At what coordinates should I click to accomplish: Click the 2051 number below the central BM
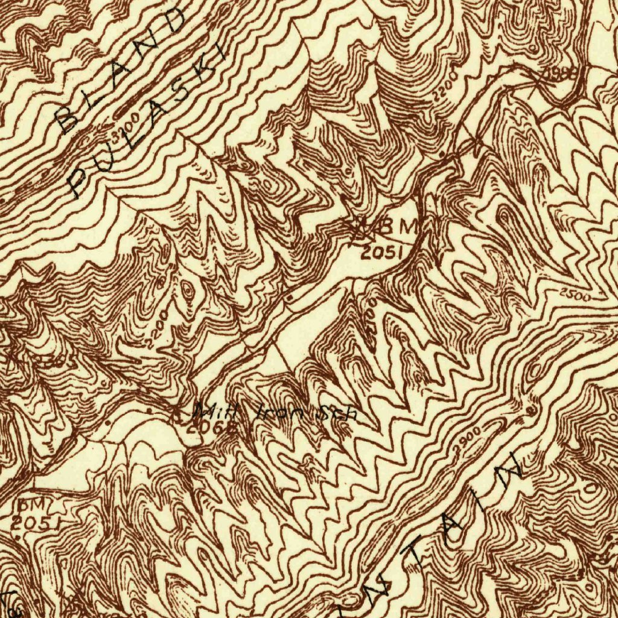tap(381, 253)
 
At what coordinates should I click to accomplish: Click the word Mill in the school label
tap(215, 413)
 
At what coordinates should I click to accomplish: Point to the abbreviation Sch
tap(339, 413)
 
